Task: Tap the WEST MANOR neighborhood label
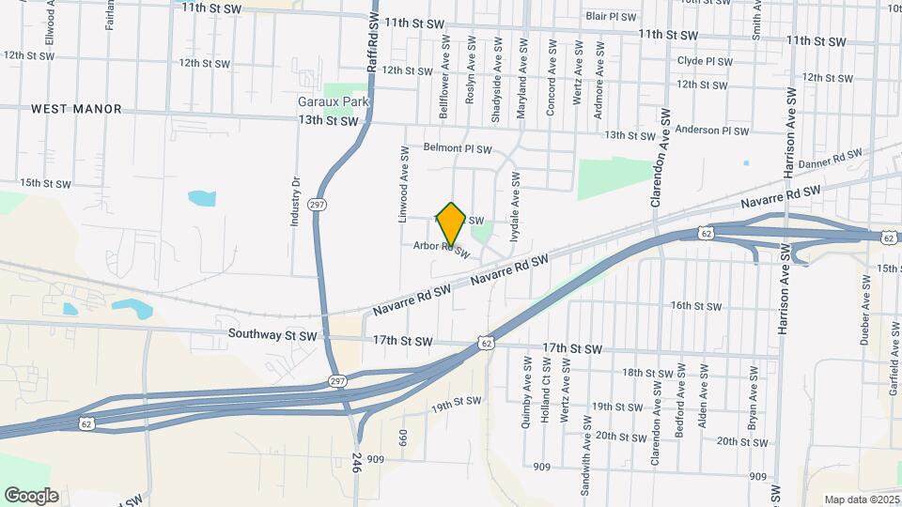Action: (x=76, y=109)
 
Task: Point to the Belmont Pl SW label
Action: (x=458, y=148)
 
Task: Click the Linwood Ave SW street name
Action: (x=403, y=183)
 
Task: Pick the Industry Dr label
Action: (x=295, y=202)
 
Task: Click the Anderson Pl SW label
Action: (x=703, y=131)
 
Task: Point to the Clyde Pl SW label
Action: (x=704, y=61)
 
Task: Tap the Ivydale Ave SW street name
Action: (x=514, y=207)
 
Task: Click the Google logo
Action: (x=31, y=496)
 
